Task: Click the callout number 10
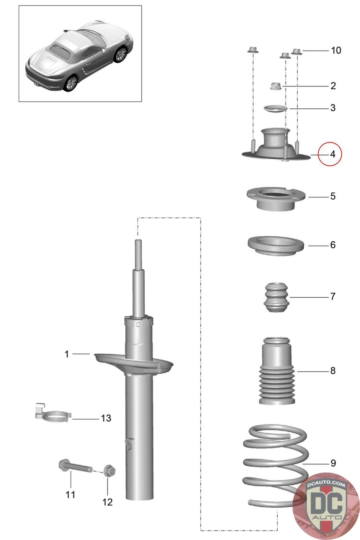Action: point(336,51)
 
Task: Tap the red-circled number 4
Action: point(332,154)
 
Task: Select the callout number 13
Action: point(106,418)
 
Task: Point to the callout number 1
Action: point(67,354)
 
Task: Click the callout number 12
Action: point(107,502)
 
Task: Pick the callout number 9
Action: point(333,463)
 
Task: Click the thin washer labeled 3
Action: point(275,109)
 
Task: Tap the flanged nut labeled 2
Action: point(276,86)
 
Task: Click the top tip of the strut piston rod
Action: point(138,241)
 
